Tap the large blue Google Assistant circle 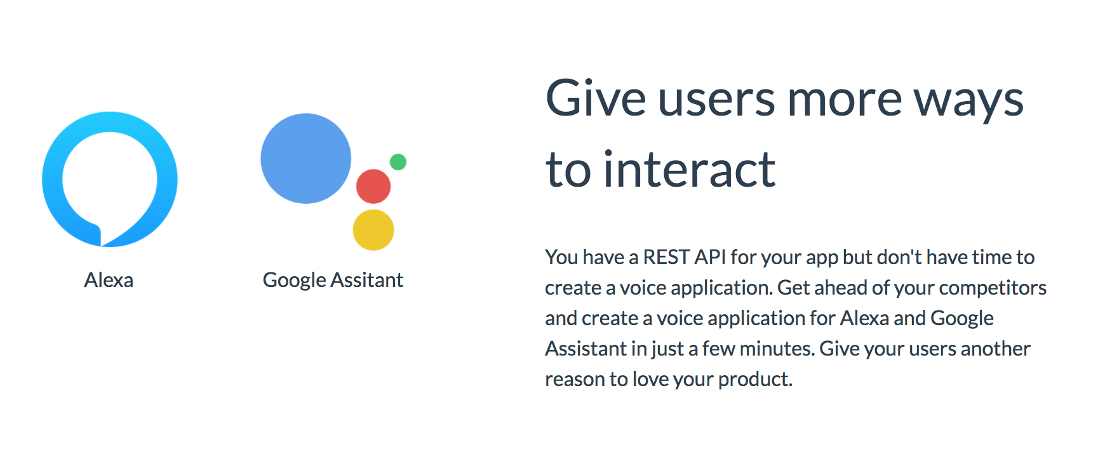pos(305,159)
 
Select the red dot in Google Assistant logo pos(373,186)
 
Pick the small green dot pos(398,162)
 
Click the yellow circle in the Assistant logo pos(373,230)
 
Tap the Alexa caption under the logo pos(109,280)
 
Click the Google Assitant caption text pos(333,280)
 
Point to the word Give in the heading pos(596,100)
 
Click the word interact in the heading pos(689,170)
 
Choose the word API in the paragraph pos(710,257)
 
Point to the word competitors pos(993,288)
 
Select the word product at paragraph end pos(754,380)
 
